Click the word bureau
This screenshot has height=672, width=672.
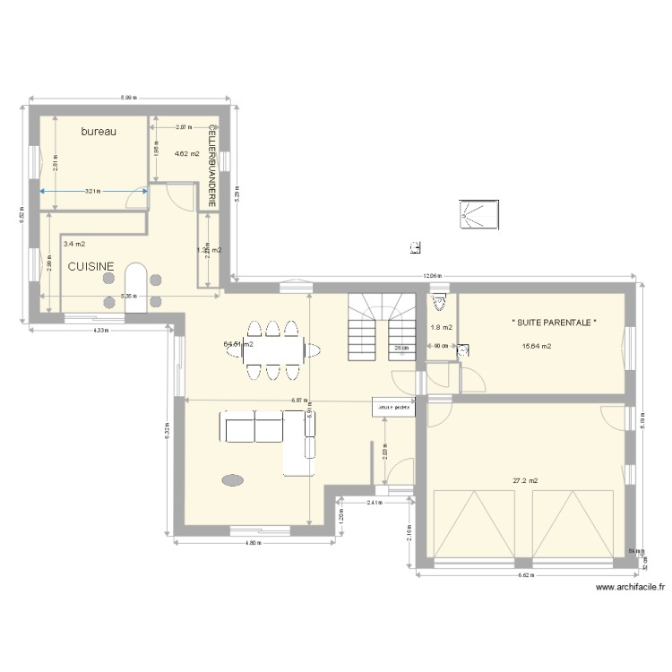[99, 132]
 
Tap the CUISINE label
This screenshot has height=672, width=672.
[90, 266]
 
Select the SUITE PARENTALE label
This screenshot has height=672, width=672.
[554, 323]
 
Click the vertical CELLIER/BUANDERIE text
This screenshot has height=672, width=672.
[212, 166]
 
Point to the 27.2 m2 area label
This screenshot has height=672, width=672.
[525, 480]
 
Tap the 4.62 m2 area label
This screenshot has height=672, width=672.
[185, 153]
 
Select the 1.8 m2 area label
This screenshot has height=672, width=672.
[441, 327]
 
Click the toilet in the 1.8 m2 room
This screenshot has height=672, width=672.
[439, 300]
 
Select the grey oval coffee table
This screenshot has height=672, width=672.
[232, 480]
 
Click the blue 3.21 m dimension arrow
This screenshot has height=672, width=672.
[94, 190]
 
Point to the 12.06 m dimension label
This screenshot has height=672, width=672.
[434, 276]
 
